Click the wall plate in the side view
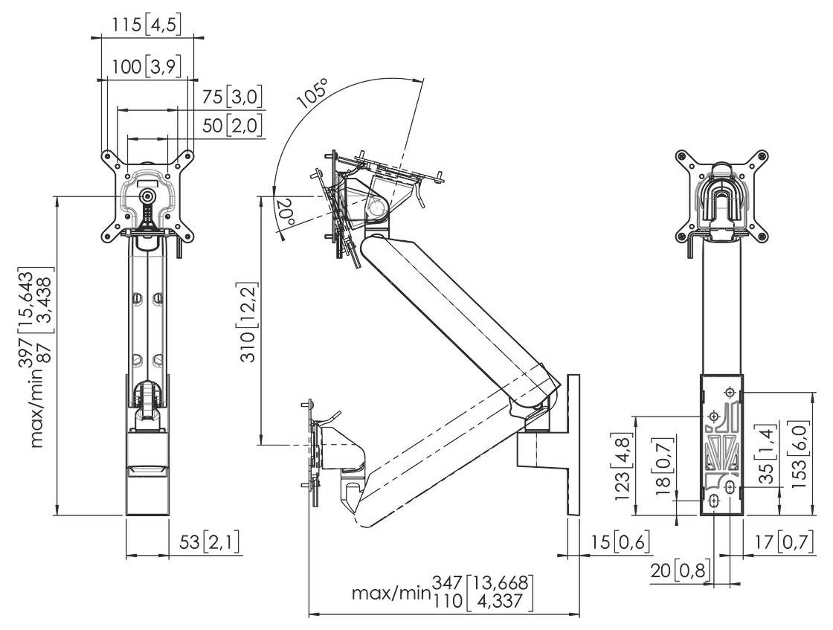coord(573,446)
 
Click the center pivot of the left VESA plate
coord(148,196)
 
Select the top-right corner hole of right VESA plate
coord(760,156)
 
